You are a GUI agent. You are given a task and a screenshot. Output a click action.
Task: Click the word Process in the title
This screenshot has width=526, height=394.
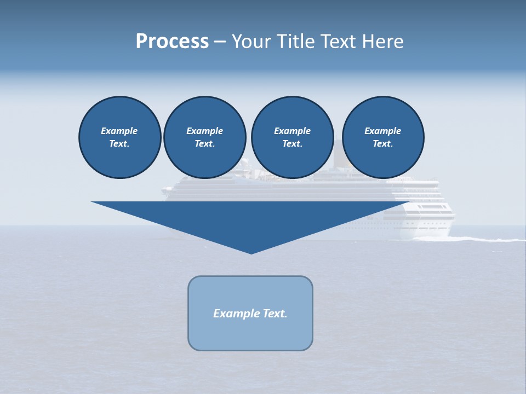(172, 42)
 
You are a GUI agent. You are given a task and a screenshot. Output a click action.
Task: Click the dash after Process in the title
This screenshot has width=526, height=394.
(220, 42)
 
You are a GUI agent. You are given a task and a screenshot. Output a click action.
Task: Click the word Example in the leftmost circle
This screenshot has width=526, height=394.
(119, 131)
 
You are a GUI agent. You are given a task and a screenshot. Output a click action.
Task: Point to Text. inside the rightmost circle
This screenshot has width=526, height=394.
(383, 143)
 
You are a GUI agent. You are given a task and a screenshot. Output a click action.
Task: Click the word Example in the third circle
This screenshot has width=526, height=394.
(292, 131)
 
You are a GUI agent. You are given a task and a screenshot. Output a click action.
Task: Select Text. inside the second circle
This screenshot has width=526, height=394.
(205, 143)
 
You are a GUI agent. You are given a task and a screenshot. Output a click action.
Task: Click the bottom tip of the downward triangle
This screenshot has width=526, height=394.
(251, 252)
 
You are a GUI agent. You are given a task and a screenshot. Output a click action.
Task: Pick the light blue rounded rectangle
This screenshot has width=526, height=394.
(250, 334)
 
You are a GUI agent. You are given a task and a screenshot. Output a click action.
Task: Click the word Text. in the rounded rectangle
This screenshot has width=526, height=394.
(275, 314)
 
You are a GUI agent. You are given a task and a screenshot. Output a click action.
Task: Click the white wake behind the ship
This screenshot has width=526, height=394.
(482, 239)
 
